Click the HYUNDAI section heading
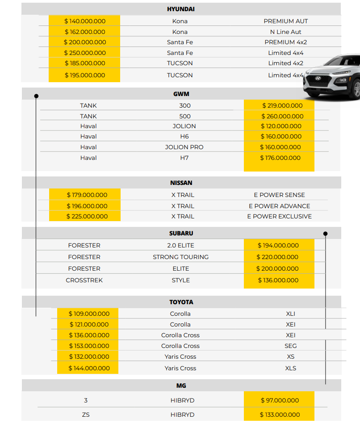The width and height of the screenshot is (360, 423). point(180,9)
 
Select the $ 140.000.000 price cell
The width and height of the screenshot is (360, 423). point(85,21)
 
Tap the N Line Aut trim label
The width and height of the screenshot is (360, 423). point(285,32)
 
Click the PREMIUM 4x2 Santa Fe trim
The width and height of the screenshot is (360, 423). point(285,42)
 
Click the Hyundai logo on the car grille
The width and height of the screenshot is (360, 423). point(318,78)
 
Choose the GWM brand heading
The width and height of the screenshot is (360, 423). point(181,94)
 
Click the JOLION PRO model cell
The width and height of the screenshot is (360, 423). point(184,147)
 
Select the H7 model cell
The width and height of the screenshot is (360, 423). point(184,158)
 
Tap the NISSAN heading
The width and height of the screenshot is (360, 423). point(181,183)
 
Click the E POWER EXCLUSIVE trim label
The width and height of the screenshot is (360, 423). point(279,216)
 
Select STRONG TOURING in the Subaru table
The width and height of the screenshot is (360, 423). point(180,257)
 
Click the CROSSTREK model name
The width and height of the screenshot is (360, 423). point(84,280)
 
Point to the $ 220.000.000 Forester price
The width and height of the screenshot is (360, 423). point(277,257)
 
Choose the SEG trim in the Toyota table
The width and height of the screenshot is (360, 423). point(290,346)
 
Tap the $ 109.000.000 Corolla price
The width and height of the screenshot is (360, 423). point(89,314)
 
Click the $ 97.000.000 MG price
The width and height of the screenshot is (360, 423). point(280,400)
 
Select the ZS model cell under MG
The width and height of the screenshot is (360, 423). point(86,415)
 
